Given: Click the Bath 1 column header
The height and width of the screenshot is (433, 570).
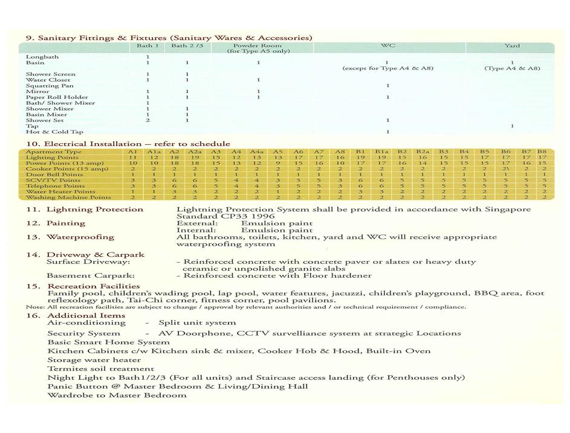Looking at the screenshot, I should click(x=148, y=45).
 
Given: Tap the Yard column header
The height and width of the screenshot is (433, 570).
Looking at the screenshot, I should click(x=512, y=45).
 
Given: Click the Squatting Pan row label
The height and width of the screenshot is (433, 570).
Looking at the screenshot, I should click(x=50, y=86).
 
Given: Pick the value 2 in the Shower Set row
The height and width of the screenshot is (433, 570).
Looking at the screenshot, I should click(x=147, y=120).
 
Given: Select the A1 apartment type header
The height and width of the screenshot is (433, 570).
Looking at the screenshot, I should click(x=132, y=152).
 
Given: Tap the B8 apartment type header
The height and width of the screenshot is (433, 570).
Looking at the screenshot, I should click(x=543, y=152).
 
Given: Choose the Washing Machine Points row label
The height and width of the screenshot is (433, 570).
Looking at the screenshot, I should click(x=68, y=197).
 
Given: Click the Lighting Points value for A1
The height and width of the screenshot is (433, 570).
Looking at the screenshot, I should click(x=132, y=158).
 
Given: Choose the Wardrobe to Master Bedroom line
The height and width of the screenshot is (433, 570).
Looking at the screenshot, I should click(x=117, y=395).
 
